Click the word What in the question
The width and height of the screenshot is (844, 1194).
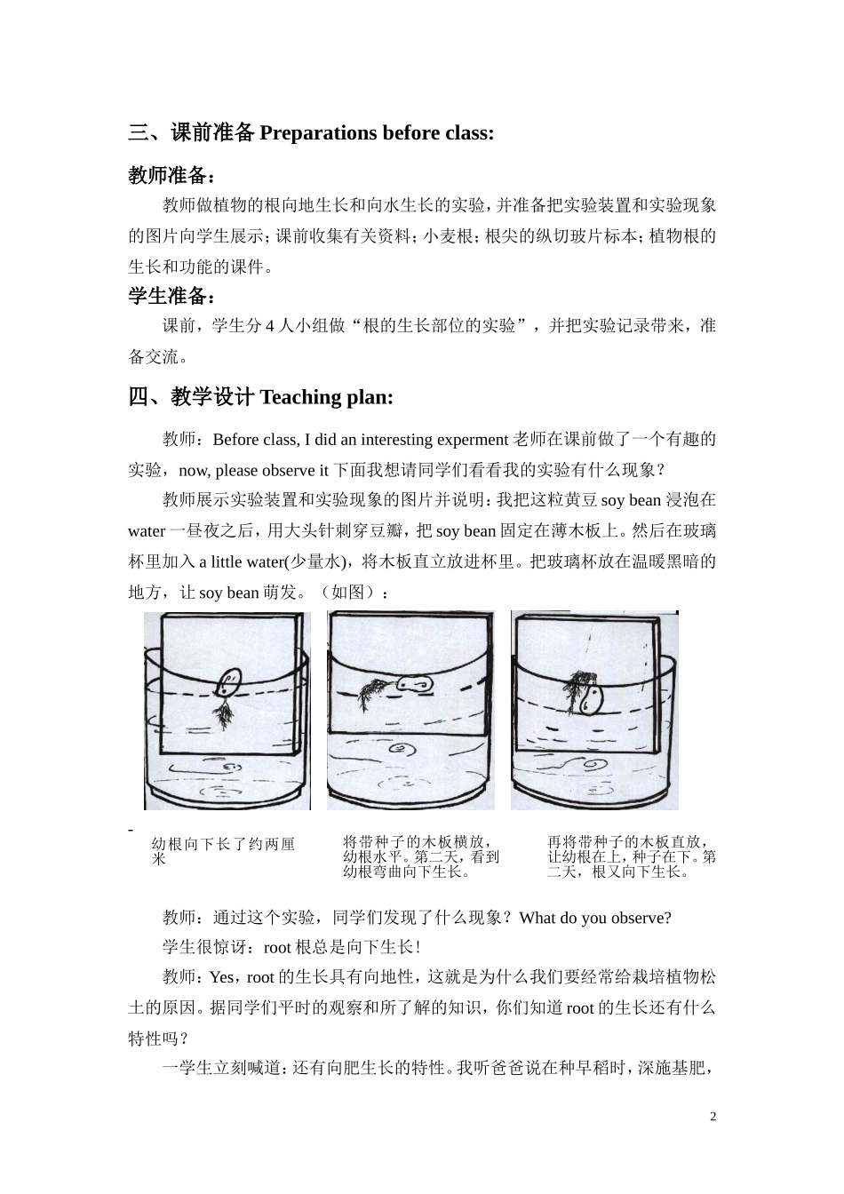point(538,918)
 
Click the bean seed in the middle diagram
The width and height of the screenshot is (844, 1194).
point(413,683)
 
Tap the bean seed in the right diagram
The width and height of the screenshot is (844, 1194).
point(590,698)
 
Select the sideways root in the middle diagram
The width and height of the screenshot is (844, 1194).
point(371,690)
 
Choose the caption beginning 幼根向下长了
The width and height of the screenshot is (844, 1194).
point(223,851)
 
